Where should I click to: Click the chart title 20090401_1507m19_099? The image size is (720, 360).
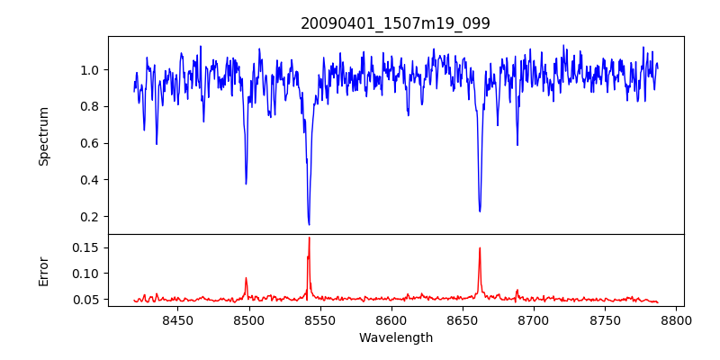click(395, 23)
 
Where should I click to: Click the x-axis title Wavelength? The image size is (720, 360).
click(395, 338)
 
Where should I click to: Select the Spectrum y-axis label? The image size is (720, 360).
click(43, 136)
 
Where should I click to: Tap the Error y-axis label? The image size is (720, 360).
click(43, 270)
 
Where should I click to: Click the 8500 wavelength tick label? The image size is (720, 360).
click(248, 319)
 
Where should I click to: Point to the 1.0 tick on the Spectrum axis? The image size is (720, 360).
click(91, 69)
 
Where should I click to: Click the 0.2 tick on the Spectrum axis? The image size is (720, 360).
click(91, 216)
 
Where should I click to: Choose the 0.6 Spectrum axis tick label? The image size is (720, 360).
click(91, 143)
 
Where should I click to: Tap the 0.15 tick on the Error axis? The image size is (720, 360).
click(87, 247)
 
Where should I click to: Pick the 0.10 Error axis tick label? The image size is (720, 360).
click(87, 274)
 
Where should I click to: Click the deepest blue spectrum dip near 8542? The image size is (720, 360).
click(309, 224)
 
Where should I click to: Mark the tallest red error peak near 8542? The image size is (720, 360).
click(309, 238)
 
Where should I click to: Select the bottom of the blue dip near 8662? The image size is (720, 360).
click(480, 211)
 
